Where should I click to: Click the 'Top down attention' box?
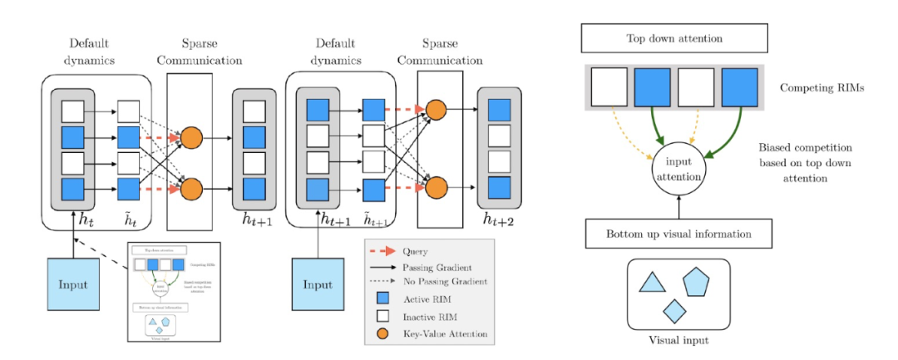pyautogui.click(x=673, y=38)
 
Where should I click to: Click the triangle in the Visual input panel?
pyautogui.click(x=653, y=283)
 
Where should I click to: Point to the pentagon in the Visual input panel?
pyautogui.click(x=696, y=282)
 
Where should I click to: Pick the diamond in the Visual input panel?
pyautogui.click(x=674, y=311)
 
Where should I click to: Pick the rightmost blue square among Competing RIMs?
pyautogui.click(x=740, y=88)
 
